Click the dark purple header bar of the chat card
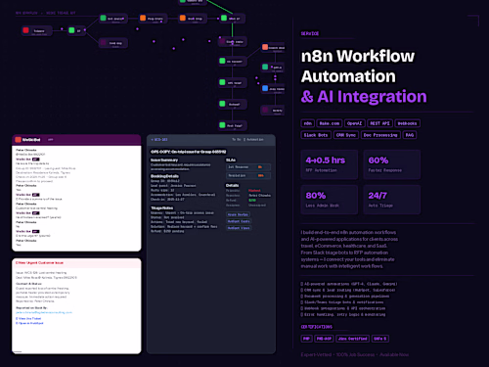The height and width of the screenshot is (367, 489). point(68,140)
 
